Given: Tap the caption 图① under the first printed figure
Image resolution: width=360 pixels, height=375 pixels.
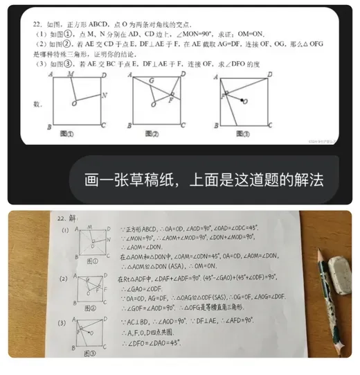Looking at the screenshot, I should tap(69, 132).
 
